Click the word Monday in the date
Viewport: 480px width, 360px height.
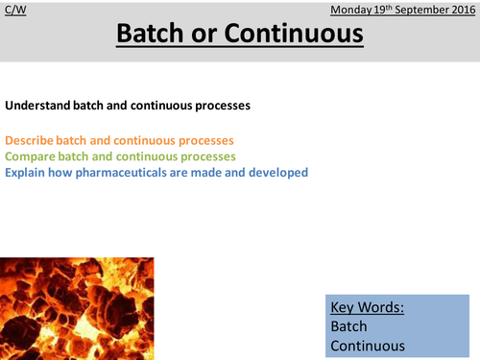(x=352, y=10)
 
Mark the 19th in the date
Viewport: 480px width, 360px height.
(x=378, y=10)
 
